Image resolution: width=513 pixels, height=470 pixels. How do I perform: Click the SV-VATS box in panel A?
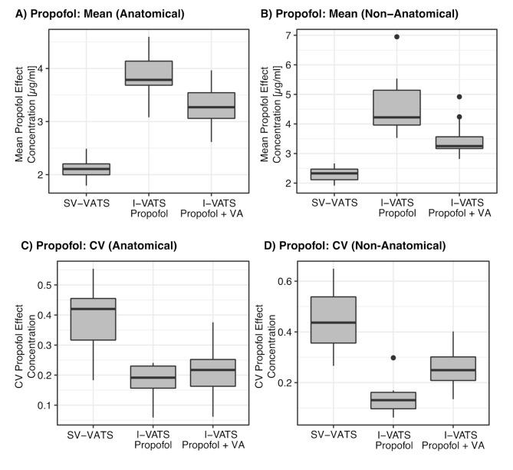click(x=86, y=169)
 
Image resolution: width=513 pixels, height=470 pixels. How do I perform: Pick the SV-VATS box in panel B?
click(x=334, y=174)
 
